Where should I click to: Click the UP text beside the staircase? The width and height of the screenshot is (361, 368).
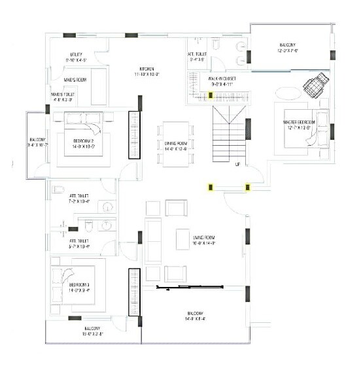pos(237,164)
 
